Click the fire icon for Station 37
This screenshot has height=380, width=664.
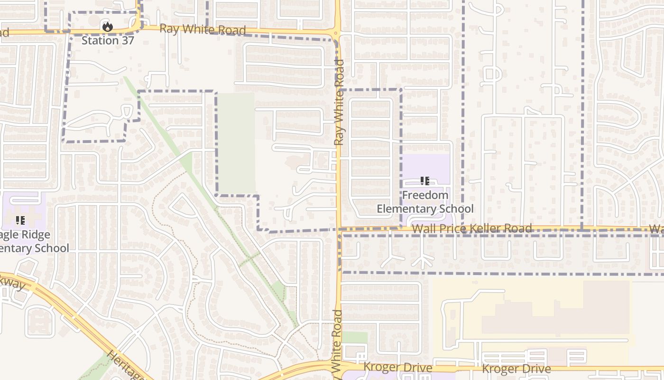[108, 27]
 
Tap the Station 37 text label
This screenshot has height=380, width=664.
[108, 40]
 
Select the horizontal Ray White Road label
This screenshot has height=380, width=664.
[203, 29]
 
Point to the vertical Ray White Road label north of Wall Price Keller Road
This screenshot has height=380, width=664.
[339, 102]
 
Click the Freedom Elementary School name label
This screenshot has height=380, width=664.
[425, 202]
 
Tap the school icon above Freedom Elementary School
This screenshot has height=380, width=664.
[425, 181]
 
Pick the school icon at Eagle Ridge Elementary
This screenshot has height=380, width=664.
[20, 220]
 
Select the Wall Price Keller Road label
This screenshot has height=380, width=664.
[471, 229]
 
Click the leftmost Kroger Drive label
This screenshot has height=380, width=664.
[397, 368]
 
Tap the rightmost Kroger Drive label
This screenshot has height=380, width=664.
[516, 369]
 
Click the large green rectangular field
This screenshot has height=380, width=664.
[236, 142]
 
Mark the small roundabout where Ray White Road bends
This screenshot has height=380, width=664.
[336, 34]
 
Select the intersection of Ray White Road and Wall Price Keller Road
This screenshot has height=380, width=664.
[339, 229]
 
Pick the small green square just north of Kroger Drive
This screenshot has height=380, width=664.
[354, 337]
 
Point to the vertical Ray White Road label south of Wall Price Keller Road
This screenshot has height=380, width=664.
[337, 340]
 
